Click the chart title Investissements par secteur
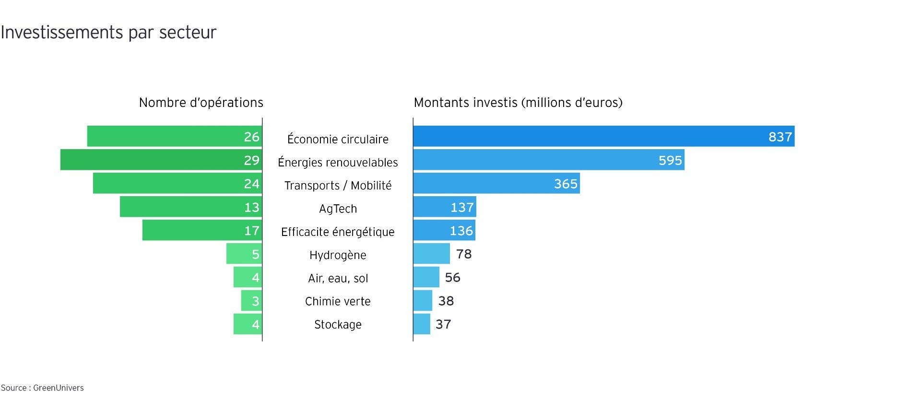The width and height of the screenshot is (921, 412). click(x=108, y=33)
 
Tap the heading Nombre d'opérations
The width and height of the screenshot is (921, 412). click(x=201, y=103)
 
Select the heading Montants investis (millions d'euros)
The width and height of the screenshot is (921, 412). click(x=518, y=103)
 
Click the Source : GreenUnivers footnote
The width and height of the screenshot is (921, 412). click(x=42, y=388)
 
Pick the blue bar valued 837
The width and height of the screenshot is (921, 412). click(x=603, y=136)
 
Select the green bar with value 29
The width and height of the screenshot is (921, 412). click(x=161, y=160)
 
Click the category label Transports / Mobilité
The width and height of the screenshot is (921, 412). click(x=338, y=186)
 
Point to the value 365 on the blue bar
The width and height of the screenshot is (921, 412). click(x=566, y=184)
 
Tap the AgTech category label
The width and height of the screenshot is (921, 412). click(x=338, y=209)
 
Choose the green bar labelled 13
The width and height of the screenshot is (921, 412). click(x=191, y=207)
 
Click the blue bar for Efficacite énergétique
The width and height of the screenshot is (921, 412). click(x=444, y=230)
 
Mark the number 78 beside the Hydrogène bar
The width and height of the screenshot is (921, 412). click(x=464, y=254)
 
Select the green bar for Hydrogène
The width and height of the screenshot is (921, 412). click(x=244, y=254)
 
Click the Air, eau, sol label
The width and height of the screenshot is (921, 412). click(x=338, y=278)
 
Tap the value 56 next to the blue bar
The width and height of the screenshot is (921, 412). click(x=452, y=277)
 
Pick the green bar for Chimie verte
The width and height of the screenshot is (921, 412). click(x=251, y=301)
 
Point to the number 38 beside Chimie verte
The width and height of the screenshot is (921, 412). click(x=446, y=301)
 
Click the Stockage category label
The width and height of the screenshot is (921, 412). click(x=338, y=325)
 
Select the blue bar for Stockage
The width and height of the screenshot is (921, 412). click(x=422, y=324)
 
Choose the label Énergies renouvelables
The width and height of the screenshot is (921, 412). click(x=338, y=163)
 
